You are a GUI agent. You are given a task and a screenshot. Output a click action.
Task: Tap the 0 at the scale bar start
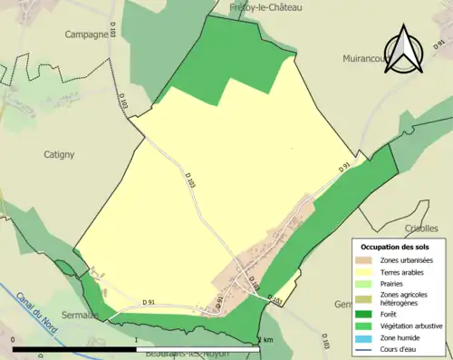coord(13,340)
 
